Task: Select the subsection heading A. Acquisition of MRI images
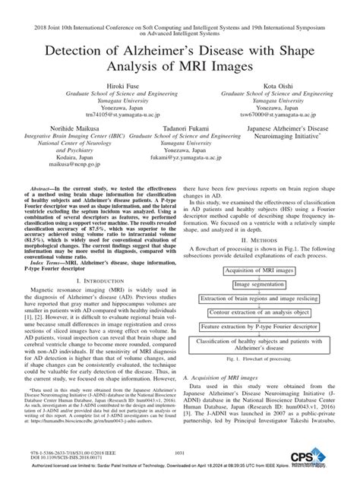tap(226, 377)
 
